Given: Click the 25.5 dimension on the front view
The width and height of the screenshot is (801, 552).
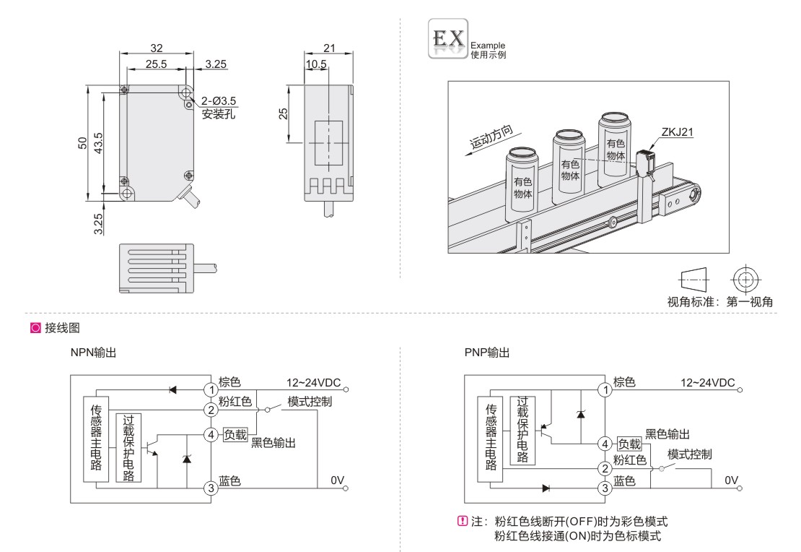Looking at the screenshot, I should click(x=153, y=64).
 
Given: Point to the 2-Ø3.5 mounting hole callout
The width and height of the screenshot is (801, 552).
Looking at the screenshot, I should click(x=217, y=101).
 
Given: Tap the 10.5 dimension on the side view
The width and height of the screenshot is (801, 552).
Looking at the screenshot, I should click(x=315, y=64).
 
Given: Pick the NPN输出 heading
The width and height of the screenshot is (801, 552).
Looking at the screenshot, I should click(x=93, y=353).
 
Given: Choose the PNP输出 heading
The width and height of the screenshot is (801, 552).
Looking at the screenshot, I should click(x=487, y=353).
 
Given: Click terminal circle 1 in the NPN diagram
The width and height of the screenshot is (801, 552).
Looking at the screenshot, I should click(x=211, y=389).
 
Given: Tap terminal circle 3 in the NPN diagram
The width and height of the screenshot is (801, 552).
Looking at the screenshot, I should click(x=211, y=488).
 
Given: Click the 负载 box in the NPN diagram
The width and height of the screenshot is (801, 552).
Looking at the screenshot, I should click(x=235, y=434).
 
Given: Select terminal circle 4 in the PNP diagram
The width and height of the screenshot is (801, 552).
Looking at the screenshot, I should click(x=605, y=444).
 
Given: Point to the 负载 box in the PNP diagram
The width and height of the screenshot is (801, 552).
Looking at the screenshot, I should click(x=629, y=444).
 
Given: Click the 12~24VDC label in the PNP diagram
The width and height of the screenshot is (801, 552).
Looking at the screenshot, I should click(x=707, y=382).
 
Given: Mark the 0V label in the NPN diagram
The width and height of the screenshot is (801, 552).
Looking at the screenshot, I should click(x=338, y=480).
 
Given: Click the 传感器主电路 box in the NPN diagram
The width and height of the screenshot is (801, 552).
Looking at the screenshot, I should click(x=95, y=436).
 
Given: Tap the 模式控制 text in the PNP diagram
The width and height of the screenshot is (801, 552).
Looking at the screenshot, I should click(x=689, y=454).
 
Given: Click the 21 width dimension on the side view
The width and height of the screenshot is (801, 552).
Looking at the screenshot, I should click(x=328, y=48).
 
